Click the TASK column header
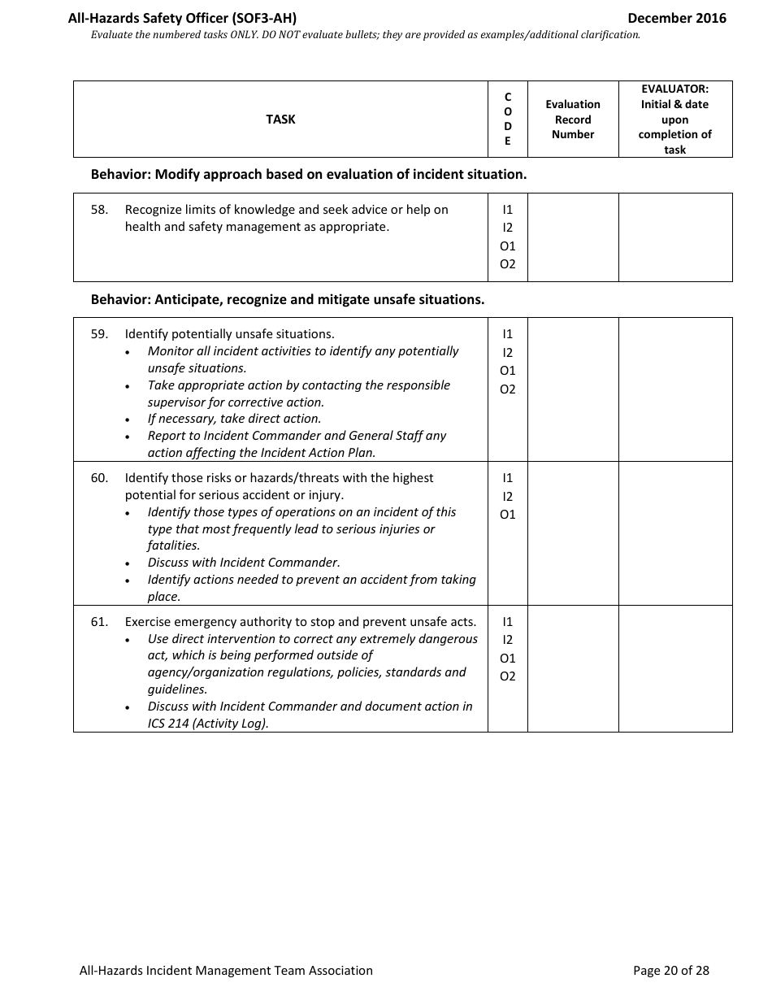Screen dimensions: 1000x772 pyautogui.click(x=280, y=120)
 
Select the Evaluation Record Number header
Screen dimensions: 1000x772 pyautogui.click(x=573, y=120)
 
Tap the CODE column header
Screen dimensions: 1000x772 pyautogui.click(x=508, y=120)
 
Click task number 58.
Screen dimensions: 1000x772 pyautogui.click(x=99, y=210)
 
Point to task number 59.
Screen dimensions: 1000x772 pyautogui.click(x=99, y=334)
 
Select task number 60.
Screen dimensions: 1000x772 pyautogui.click(x=99, y=478)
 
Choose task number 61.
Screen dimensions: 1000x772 pyautogui.click(x=99, y=622)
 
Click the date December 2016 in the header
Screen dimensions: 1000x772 pyautogui.click(x=676, y=18)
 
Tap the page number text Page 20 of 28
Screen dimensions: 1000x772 pyautogui.click(x=670, y=970)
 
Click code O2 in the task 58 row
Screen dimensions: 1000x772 pyautogui.click(x=508, y=264)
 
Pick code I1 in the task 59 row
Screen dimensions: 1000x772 pyautogui.click(x=508, y=334)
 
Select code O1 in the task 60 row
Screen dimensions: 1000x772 pyautogui.click(x=508, y=515)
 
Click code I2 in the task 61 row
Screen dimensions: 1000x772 pyautogui.click(x=508, y=640)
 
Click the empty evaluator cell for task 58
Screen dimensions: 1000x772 pyautogui.click(x=674, y=237)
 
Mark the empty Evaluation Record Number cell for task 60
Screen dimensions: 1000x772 pyautogui.click(x=573, y=533)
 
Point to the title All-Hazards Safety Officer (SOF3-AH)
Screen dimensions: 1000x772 pyautogui.click(x=188, y=18)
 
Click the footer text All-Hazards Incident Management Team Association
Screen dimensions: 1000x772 pyautogui.click(x=226, y=970)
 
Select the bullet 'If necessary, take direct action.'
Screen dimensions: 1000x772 pyautogui.click(x=234, y=419)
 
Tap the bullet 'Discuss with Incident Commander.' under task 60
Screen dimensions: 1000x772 pyautogui.click(x=244, y=563)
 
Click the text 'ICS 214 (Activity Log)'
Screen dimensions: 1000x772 pyautogui.click(x=208, y=724)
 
